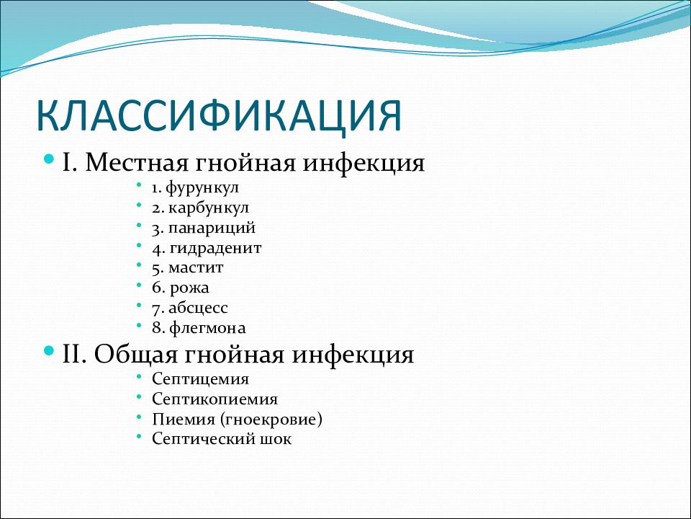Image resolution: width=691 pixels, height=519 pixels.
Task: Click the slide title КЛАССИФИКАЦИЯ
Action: pyautogui.click(x=219, y=115)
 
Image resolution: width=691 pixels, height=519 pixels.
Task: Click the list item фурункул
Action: pyautogui.click(x=202, y=188)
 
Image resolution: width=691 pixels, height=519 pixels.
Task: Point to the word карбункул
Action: pyautogui.click(x=209, y=208)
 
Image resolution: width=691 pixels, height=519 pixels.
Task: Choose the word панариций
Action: pyautogui.click(x=212, y=229)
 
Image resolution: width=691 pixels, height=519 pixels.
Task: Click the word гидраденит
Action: pyautogui.click(x=215, y=249)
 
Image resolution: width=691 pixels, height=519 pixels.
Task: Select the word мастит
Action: pyautogui.click(x=196, y=268)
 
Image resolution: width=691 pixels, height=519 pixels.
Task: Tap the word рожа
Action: pyautogui.click(x=189, y=288)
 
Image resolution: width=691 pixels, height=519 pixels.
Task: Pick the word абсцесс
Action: pyautogui.click(x=199, y=308)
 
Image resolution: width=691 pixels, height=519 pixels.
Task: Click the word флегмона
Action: pyautogui.click(x=207, y=328)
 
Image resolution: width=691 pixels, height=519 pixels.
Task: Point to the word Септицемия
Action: pyautogui.click(x=201, y=378)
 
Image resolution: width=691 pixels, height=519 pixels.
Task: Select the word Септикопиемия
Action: pyautogui.click(x=215, y=399)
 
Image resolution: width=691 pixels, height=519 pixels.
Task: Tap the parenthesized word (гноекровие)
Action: pyautogui.click(x=271, y=420)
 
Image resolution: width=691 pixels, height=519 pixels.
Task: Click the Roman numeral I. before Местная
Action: pyautogui.click(x=70, y=162)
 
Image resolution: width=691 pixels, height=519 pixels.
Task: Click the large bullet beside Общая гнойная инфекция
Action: pyautogui.click(x=50, y=351)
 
